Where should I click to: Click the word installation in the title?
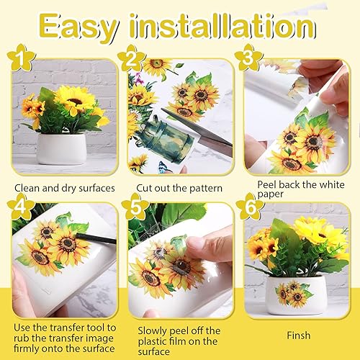click(x=232, y=27)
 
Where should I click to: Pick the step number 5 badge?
click(x=135, y=210)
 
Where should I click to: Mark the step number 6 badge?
click(x=249, y=210)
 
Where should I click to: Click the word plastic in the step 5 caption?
click(x=155, y=341)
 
